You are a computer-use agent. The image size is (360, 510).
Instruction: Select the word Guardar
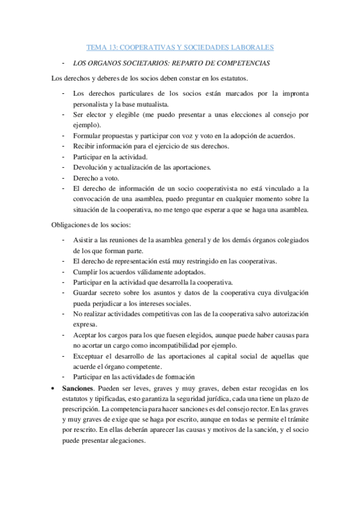pos(87,292)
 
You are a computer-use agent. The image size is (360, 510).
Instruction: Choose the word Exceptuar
pos(89,355)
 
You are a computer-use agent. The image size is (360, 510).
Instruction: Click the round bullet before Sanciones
pos(54,388)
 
